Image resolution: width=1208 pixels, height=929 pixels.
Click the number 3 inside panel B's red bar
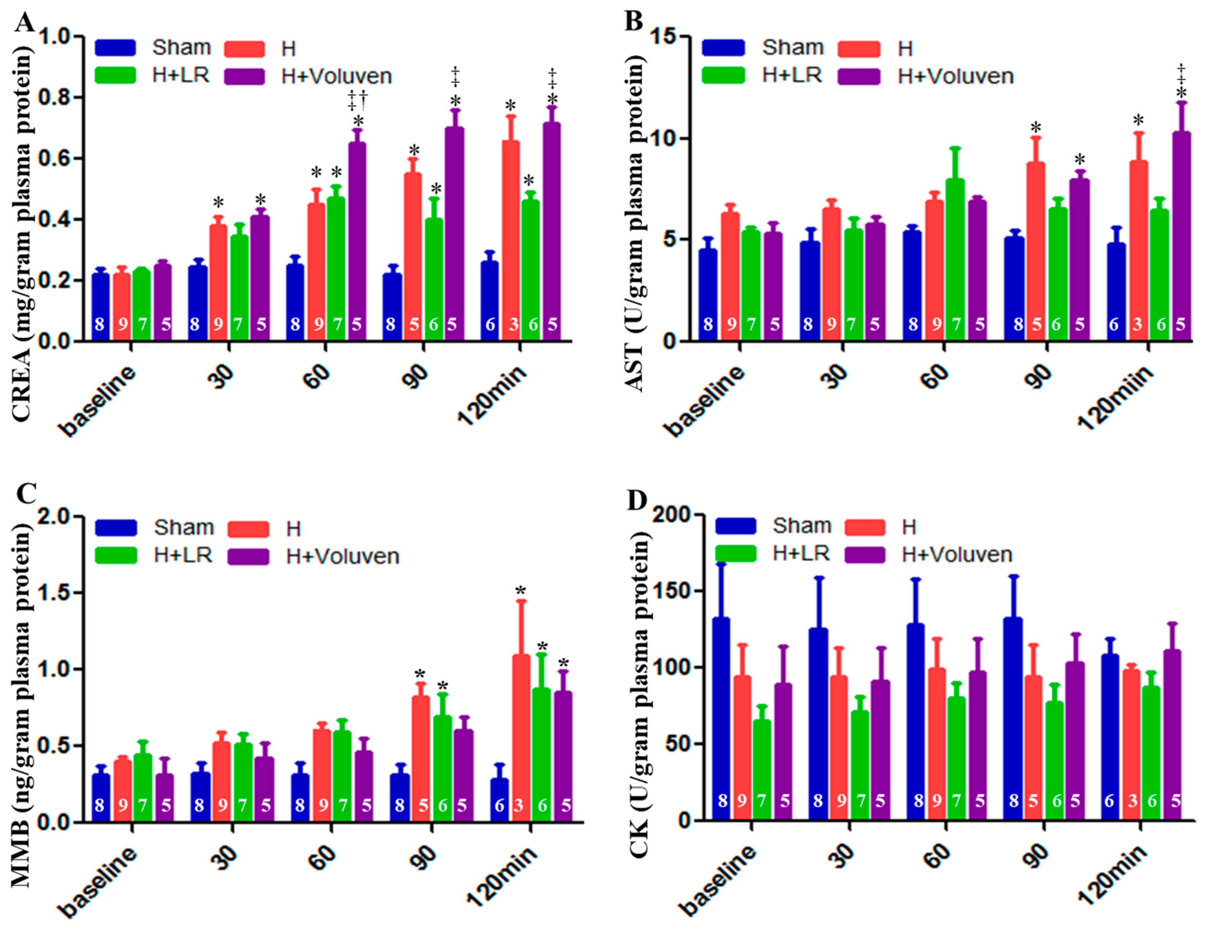(x=1138, y=324)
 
